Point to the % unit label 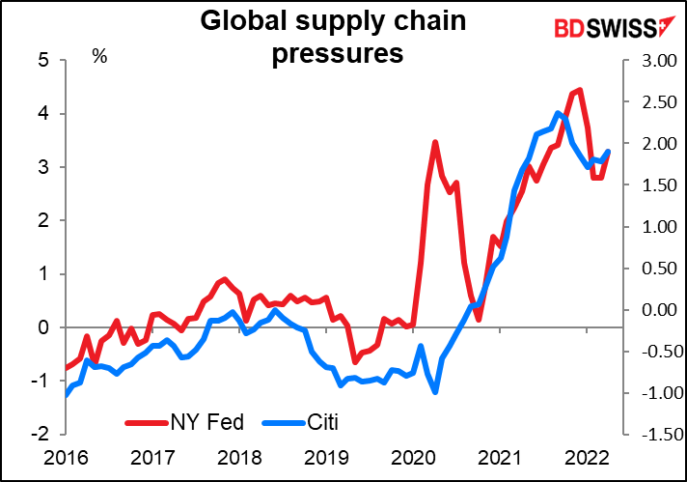[98, 56]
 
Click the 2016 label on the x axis [65, 457]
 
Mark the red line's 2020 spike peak [435, 142]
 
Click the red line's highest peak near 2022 [578, 90]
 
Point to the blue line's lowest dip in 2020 [436, 391]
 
